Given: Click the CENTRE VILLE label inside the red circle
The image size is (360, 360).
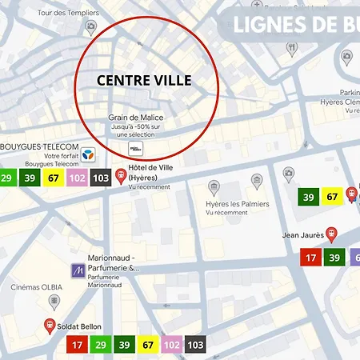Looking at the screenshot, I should coord(146,81).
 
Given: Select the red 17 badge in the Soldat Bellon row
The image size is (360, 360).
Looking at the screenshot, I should coord(77,345).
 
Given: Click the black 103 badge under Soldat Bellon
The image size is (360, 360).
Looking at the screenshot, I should coord(194,345).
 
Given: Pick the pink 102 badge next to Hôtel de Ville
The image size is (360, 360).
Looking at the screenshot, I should coord(77,178).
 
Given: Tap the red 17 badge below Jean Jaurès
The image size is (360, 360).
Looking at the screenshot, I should coord(311,258).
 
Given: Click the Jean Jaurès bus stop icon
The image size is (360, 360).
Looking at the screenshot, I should coord(331,234).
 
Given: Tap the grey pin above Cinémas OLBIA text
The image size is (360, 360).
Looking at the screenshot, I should coord(54,302).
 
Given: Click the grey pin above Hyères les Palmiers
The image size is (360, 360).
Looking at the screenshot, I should coord(214,188).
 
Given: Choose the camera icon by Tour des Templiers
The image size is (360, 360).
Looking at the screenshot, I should coord(91,27).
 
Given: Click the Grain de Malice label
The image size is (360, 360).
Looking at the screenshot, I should coord(136,118).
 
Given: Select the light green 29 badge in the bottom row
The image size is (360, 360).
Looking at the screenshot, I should coord(100,345).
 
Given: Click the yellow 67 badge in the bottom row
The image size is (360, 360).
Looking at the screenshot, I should coord(147,345).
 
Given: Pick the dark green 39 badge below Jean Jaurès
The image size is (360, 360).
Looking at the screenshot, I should coord(335,258).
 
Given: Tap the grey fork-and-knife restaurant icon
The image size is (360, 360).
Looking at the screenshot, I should coord(292,48).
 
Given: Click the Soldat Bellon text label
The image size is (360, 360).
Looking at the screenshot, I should coord(80,326).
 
